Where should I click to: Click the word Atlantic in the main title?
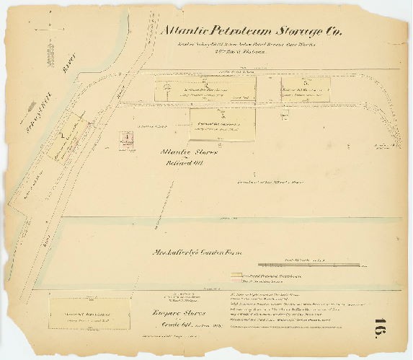pyautogui.click(x=185, y=31)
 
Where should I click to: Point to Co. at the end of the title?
pyautogui.click(x=334, y=31)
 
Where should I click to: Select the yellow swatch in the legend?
pyautogui.click(x=236, y=275)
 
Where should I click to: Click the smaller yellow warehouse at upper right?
pyautogui.click(x=305, y=89)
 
